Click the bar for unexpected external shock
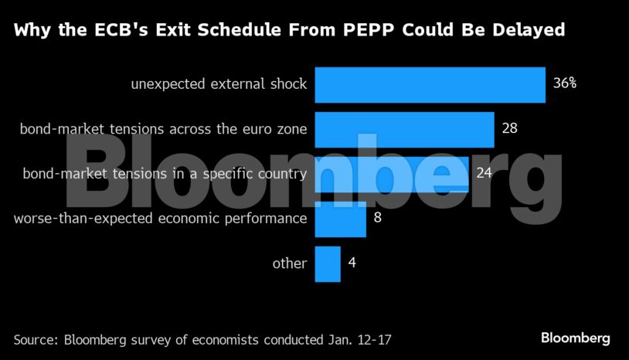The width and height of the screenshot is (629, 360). click(430, 85)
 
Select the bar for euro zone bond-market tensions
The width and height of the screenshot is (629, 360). click(404, 129)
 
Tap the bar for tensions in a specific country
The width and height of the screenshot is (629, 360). click(391, 174)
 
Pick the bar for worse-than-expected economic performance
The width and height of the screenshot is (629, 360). click(340, 219)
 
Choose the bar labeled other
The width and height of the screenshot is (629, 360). click(328, 263)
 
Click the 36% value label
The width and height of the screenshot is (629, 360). click(565, 83)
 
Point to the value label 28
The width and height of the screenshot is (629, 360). click(509, 128)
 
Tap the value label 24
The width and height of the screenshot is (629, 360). click(484, 173)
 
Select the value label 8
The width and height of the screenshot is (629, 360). click(378, 218)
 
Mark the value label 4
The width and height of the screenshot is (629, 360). click(352, 263)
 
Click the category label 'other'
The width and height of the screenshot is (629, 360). click(290, 263)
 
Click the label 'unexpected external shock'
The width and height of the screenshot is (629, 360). click(219, 84)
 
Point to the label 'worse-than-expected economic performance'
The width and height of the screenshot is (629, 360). click(161, 219)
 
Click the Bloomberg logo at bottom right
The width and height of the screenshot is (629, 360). click(575, 338)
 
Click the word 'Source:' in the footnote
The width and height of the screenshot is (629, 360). click(36, 339)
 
